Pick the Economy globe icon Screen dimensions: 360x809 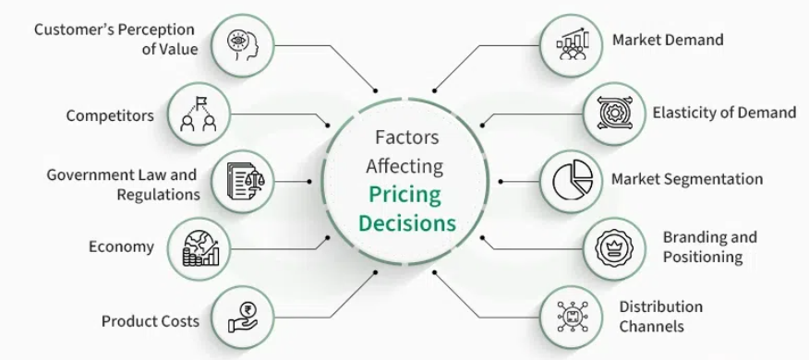(x=200, y=247)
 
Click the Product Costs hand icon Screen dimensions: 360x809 (x=241, y=316)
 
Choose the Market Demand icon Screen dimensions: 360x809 (x=573, y=42)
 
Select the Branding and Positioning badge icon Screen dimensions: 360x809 (x=612, y=246)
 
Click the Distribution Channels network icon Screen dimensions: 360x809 (x=572, y=315)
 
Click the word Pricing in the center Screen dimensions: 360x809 (x=405, y=195)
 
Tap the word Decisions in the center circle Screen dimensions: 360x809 (x=407, y=223)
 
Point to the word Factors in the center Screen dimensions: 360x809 (x=406, y=138)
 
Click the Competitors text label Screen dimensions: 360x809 (x=109, y=116)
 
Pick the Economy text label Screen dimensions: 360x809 (x=121, y=247)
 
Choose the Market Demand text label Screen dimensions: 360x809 (x=668, y=40)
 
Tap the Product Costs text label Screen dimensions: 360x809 (x=150, y=321)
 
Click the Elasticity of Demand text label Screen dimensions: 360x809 (x=724, y=113)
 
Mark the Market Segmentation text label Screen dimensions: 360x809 (x=687, y=179)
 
